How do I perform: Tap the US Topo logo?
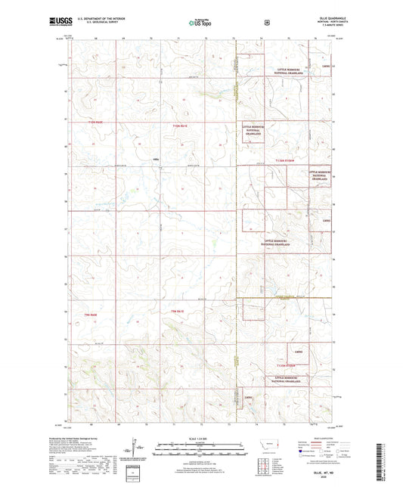(200, 23)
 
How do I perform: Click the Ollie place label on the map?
(157, 159)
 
